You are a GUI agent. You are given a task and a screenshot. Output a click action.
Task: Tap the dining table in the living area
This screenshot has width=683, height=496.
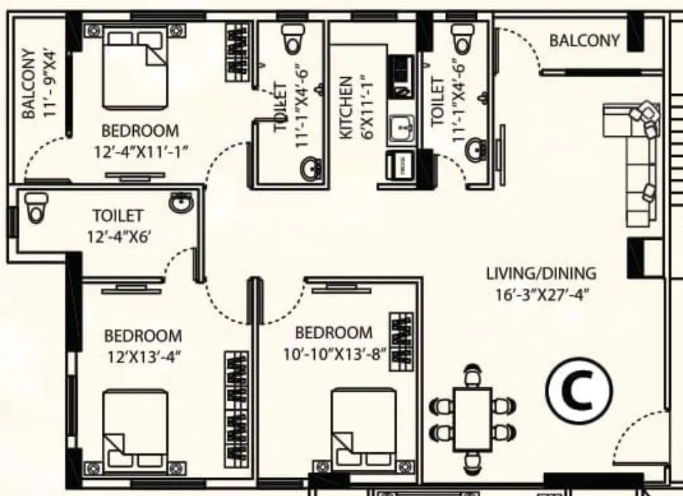tap(474, 416)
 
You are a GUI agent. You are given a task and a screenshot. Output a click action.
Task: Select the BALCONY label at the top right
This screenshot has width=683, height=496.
tap(584, 41)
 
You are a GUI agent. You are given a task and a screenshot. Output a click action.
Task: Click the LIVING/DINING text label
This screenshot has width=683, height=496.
tap(541, 274)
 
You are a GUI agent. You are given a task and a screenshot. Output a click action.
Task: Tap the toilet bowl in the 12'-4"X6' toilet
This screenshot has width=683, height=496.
tap(34, 208)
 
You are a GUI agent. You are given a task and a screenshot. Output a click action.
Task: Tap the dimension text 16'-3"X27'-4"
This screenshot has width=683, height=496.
tap(541, 295)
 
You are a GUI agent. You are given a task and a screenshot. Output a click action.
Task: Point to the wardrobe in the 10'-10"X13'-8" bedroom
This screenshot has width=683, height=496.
tap(400, 341)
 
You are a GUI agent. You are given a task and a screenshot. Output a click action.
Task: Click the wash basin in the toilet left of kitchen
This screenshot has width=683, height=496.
tap(311, 169)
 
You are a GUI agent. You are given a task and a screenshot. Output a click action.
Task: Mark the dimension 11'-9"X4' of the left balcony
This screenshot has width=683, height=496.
tap(50, 84)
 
